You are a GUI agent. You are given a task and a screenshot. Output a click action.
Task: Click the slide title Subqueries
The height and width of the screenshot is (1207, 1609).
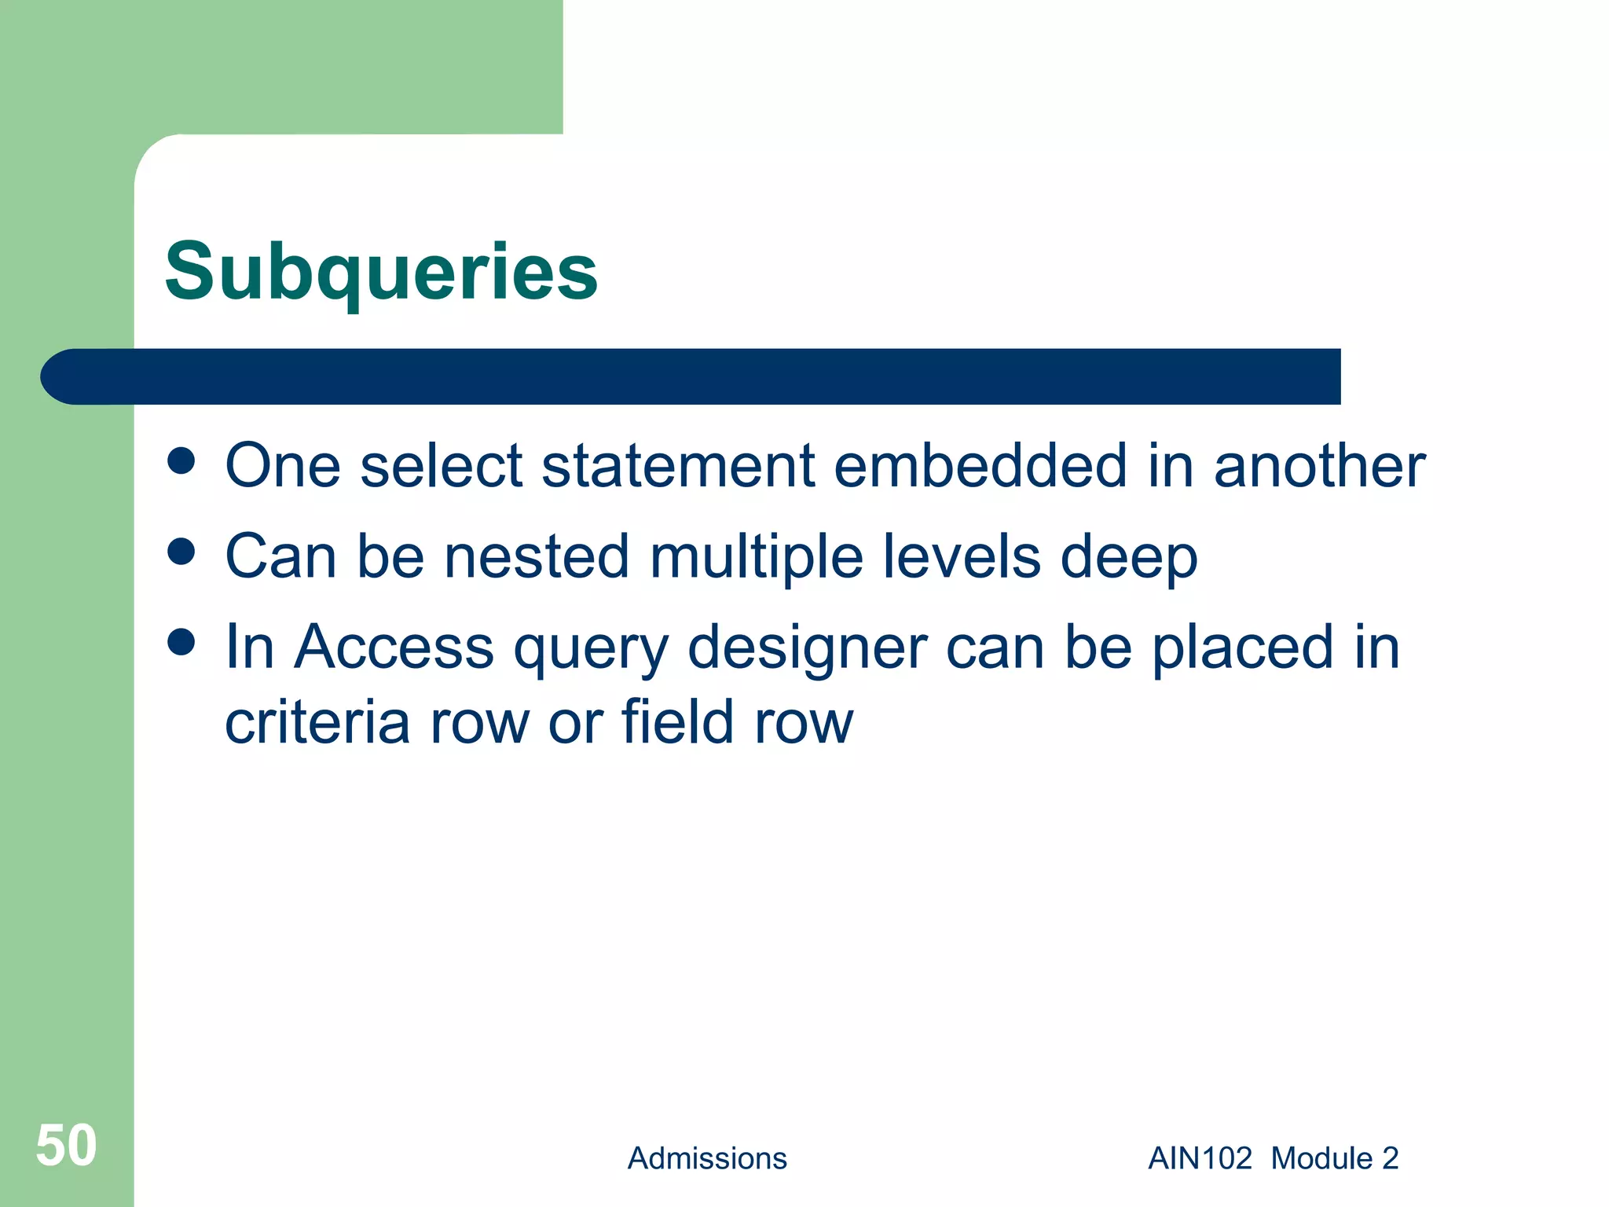click(381, 272)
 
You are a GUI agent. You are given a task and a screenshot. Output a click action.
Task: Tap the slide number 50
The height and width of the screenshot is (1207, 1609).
click(66, 1146)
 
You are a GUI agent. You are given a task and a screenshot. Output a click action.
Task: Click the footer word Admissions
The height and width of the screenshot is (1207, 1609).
click(707, 1158)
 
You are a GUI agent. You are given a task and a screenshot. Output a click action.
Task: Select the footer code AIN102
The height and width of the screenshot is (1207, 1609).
click(1200, 1158)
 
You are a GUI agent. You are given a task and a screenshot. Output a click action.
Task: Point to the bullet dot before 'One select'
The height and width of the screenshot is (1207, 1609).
click(181, 461)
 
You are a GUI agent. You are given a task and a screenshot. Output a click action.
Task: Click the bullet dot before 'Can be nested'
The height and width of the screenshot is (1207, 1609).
click(181, 552)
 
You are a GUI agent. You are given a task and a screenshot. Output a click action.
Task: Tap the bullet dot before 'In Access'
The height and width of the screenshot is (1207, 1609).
click(181, 642)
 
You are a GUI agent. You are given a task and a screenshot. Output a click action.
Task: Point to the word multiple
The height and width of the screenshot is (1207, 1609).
click(757, 556)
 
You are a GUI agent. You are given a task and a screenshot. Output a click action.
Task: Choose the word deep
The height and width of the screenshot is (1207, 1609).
click(1129, 556)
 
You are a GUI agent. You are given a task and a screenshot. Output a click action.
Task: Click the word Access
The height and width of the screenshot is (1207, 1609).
click(394, 647)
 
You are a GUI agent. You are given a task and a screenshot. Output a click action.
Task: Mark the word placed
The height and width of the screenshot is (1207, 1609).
click(1243, 647)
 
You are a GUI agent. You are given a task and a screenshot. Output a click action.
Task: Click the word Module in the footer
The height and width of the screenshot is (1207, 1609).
click(1321, 1158)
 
